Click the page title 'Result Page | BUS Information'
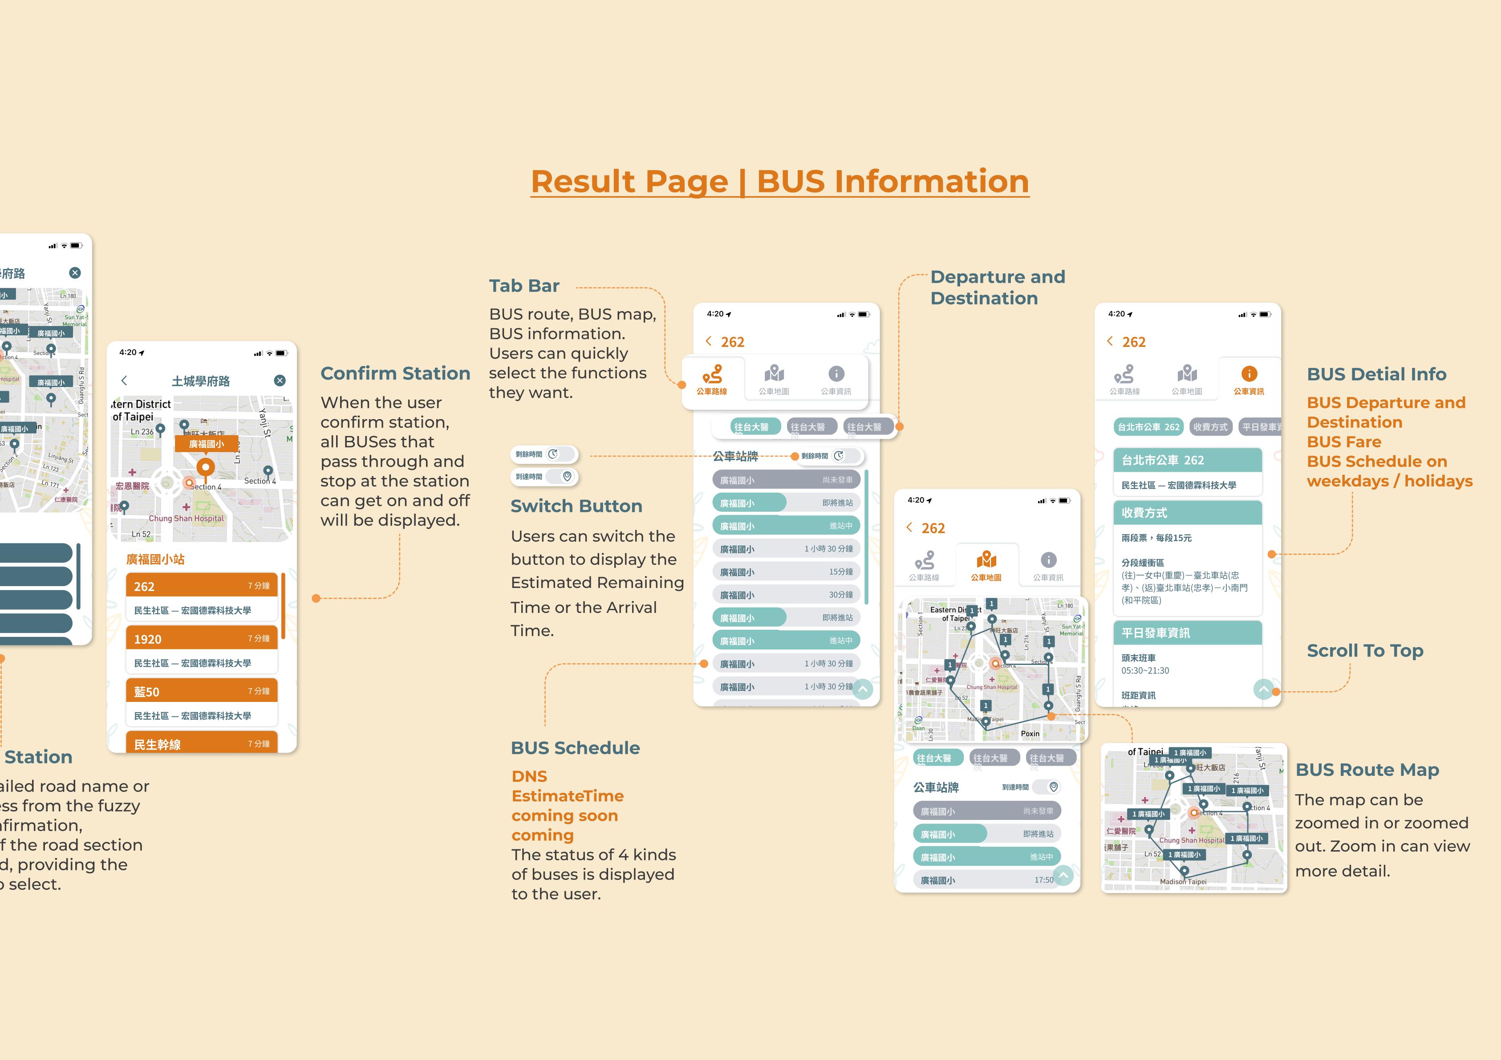[779, 181]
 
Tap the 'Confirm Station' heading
[395, 373]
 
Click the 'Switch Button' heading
[576, 506]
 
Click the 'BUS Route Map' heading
[1367, 770]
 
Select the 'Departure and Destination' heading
[997, 287]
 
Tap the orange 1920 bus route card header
[201, 639]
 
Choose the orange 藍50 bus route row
[201, 691]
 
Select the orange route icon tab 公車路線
[712, 375]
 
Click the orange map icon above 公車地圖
[986, 560]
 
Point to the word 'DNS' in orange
[529, 776]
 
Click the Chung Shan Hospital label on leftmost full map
[187, 518]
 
